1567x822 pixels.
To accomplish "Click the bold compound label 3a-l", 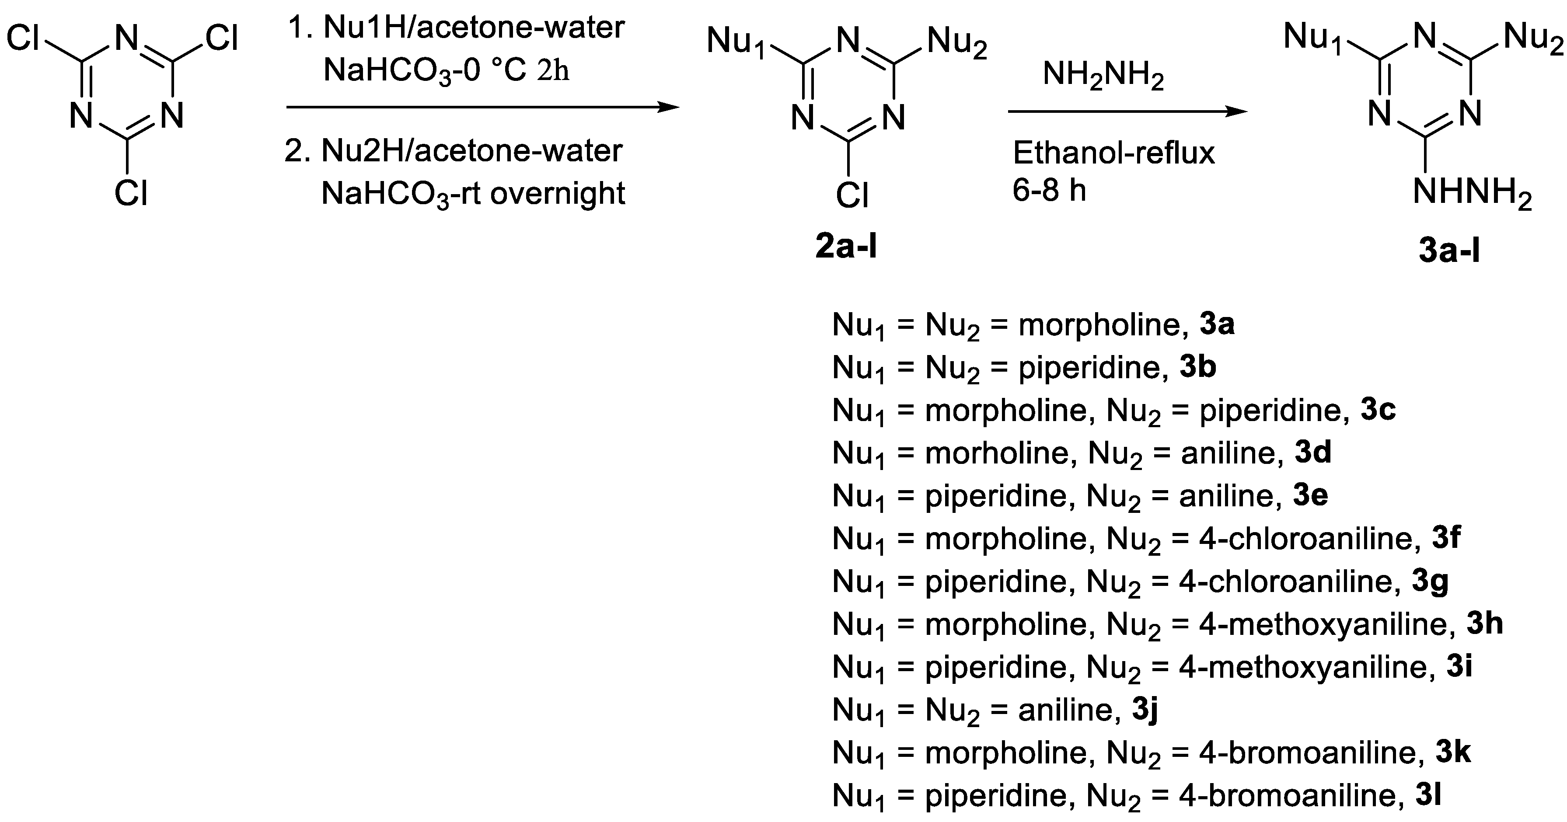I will click(1449, 249).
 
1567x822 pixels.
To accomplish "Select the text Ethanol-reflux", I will click(1113, 153).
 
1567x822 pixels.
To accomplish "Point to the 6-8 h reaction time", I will click(1049, 190).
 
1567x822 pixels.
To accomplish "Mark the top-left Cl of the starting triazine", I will click(23, 39).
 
